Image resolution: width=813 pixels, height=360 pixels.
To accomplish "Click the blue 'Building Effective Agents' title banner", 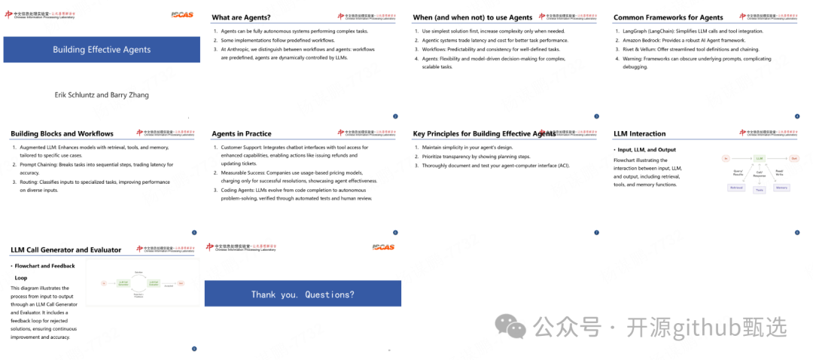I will click(x=102, y=50).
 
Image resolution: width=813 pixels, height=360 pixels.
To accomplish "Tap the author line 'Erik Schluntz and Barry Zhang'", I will click(x=102, y=95).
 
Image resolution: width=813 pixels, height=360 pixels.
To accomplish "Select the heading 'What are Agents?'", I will click(x=242, y=17).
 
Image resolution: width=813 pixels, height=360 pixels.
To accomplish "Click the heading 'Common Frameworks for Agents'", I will click(x=668, y=17).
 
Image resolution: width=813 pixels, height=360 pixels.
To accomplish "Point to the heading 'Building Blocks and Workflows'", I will click(x=62, y=134).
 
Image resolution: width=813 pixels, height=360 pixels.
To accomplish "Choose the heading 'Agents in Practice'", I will click(x=241, y=134).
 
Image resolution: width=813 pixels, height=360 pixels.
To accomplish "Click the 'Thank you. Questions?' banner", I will click(x=303, y=294).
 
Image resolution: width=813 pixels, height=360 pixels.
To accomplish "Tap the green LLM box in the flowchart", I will click(x=760, y=158).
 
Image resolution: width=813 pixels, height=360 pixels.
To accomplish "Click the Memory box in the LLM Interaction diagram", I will click(x=781, y=187).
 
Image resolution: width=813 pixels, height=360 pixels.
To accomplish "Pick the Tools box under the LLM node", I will click(x=759, y=190).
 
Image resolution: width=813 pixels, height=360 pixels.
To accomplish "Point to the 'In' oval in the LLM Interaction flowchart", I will click(x=726, y=158).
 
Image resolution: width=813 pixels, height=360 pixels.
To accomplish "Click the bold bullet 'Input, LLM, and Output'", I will click(x=647, y=150).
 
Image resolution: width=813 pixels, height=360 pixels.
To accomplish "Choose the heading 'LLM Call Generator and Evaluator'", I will click(x=66, y=250).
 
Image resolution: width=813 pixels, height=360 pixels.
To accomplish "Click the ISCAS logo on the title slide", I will click(x=182, y=14).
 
